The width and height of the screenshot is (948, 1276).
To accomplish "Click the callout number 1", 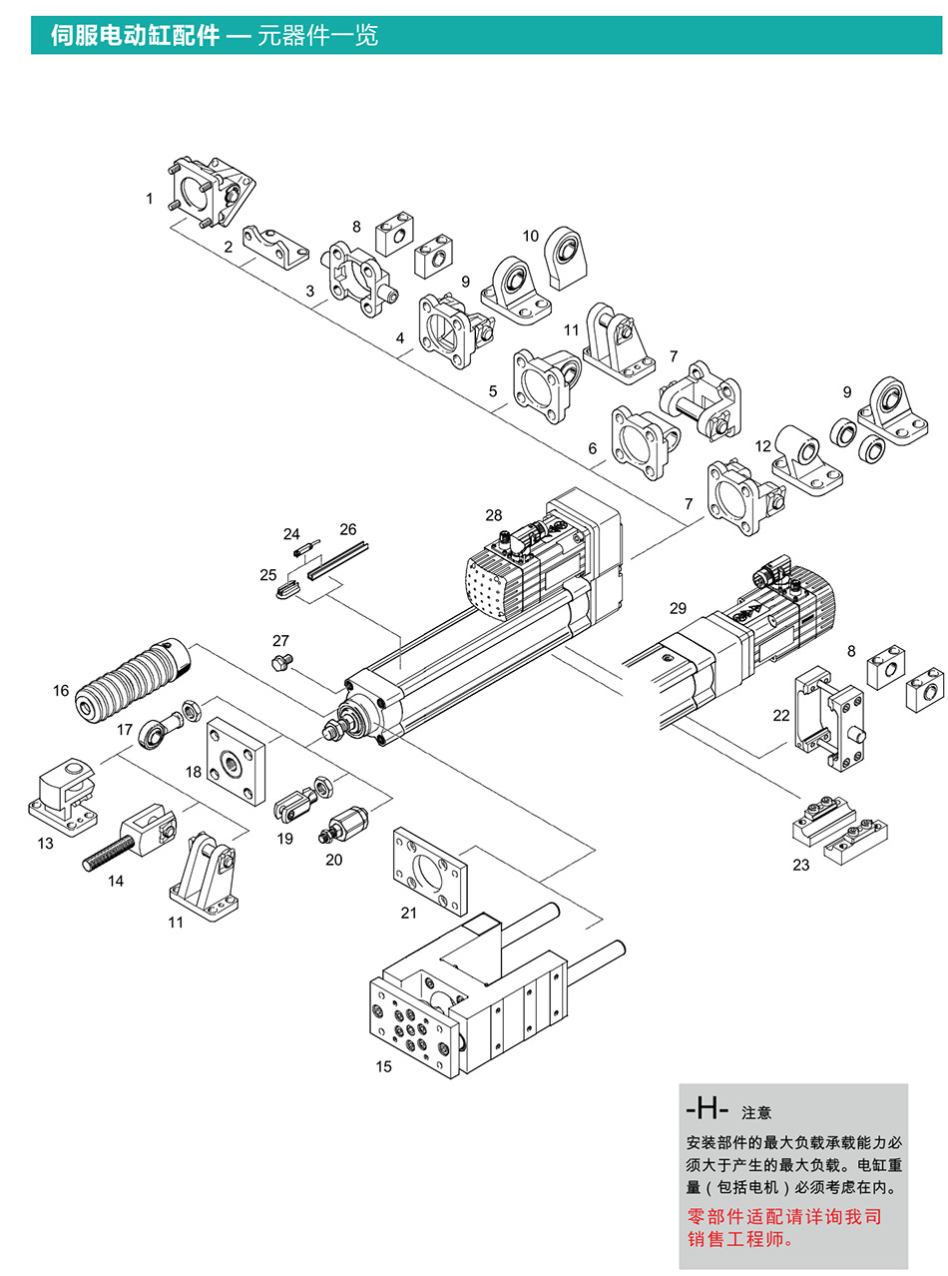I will point(150,199).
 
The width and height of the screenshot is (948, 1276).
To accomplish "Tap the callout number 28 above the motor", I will point(494,515).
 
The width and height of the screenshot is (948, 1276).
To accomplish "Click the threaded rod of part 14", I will point(108,855).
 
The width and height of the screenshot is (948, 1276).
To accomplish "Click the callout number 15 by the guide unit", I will point(384,1066).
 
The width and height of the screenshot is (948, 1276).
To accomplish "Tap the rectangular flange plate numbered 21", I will point(429,872).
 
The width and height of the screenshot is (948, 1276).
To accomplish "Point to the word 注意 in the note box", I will point(756,1112).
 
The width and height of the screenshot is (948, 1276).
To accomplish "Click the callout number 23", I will point(801,865).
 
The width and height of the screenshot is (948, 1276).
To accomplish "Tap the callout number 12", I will point(763,446).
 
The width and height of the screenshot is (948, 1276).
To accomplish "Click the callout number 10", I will point(531,236).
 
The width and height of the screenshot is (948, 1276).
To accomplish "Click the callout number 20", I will point(333,859).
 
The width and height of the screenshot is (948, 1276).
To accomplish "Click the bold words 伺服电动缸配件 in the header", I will point(135,36).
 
